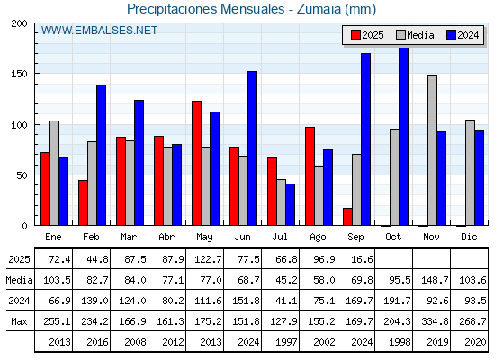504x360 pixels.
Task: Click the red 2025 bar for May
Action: point(197,163)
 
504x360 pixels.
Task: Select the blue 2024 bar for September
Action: point(365,139)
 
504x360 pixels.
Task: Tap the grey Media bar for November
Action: point(432,150)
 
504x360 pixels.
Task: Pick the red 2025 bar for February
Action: point(83,202)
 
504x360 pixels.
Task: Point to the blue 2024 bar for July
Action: point(290,204)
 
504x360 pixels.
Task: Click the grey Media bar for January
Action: point(54,173)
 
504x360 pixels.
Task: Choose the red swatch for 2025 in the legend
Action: point(355,35)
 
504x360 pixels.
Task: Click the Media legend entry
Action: point(415,35)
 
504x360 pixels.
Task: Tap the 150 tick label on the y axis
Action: point(19,74)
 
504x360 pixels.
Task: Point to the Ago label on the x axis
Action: point(318,238)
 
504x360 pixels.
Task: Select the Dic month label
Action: point(469,237)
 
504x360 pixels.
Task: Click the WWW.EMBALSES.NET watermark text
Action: point(99,31)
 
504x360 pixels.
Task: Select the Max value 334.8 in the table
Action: point(435,321)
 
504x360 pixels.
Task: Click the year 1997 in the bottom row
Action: point(286,342)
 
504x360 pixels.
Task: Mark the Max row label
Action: point(19,321)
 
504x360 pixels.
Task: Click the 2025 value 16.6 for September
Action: point(362,259)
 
